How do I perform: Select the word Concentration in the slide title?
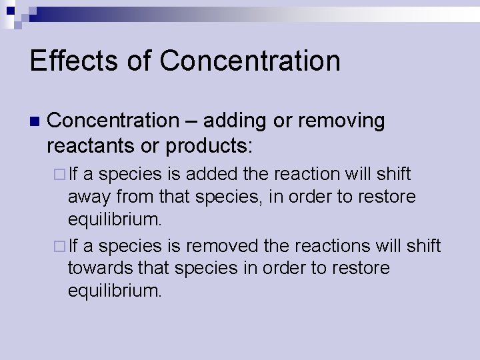pyautogui.click(x=250, y=61)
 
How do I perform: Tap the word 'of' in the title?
pyautogui.click(x=140, y=61)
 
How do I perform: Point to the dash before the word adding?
pyautogui.click(x=191, y=121)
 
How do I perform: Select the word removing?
pyautogui.click(x=341, y=121)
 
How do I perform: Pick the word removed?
pyautogui.click(x=223, y=246)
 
